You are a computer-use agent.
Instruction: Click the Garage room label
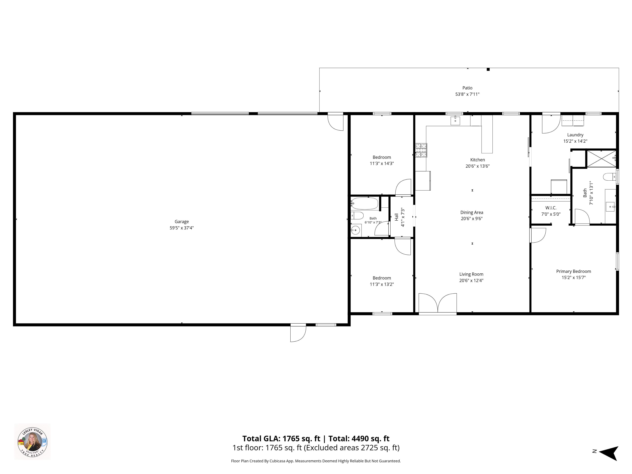[182, 221]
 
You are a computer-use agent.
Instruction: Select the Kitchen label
[477, 160]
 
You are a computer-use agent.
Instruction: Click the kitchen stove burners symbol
[421, 150]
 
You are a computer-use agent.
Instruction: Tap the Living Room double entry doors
[438, 303]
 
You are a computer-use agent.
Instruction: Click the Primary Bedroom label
[573, 271]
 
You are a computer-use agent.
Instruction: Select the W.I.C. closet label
[551, 208]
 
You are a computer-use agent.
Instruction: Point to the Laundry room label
[575, 135]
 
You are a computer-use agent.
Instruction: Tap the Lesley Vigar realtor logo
[32, 441]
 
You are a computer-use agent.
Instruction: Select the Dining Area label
[472, 212]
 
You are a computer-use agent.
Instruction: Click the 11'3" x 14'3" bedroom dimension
[382, 163]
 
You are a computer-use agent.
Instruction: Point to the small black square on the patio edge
[488, 69]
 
